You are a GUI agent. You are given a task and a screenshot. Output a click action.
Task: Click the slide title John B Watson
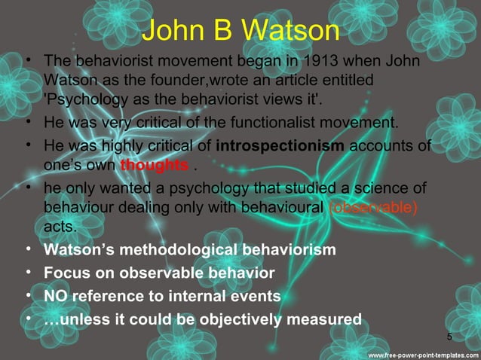[x=240, y=31]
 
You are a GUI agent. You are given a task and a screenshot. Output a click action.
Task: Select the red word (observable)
[x=374, y=206]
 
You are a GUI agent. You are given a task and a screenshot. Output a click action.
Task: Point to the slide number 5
[x=450, y=336]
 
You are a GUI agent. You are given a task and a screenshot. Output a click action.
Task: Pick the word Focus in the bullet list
[x=64, y=273]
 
